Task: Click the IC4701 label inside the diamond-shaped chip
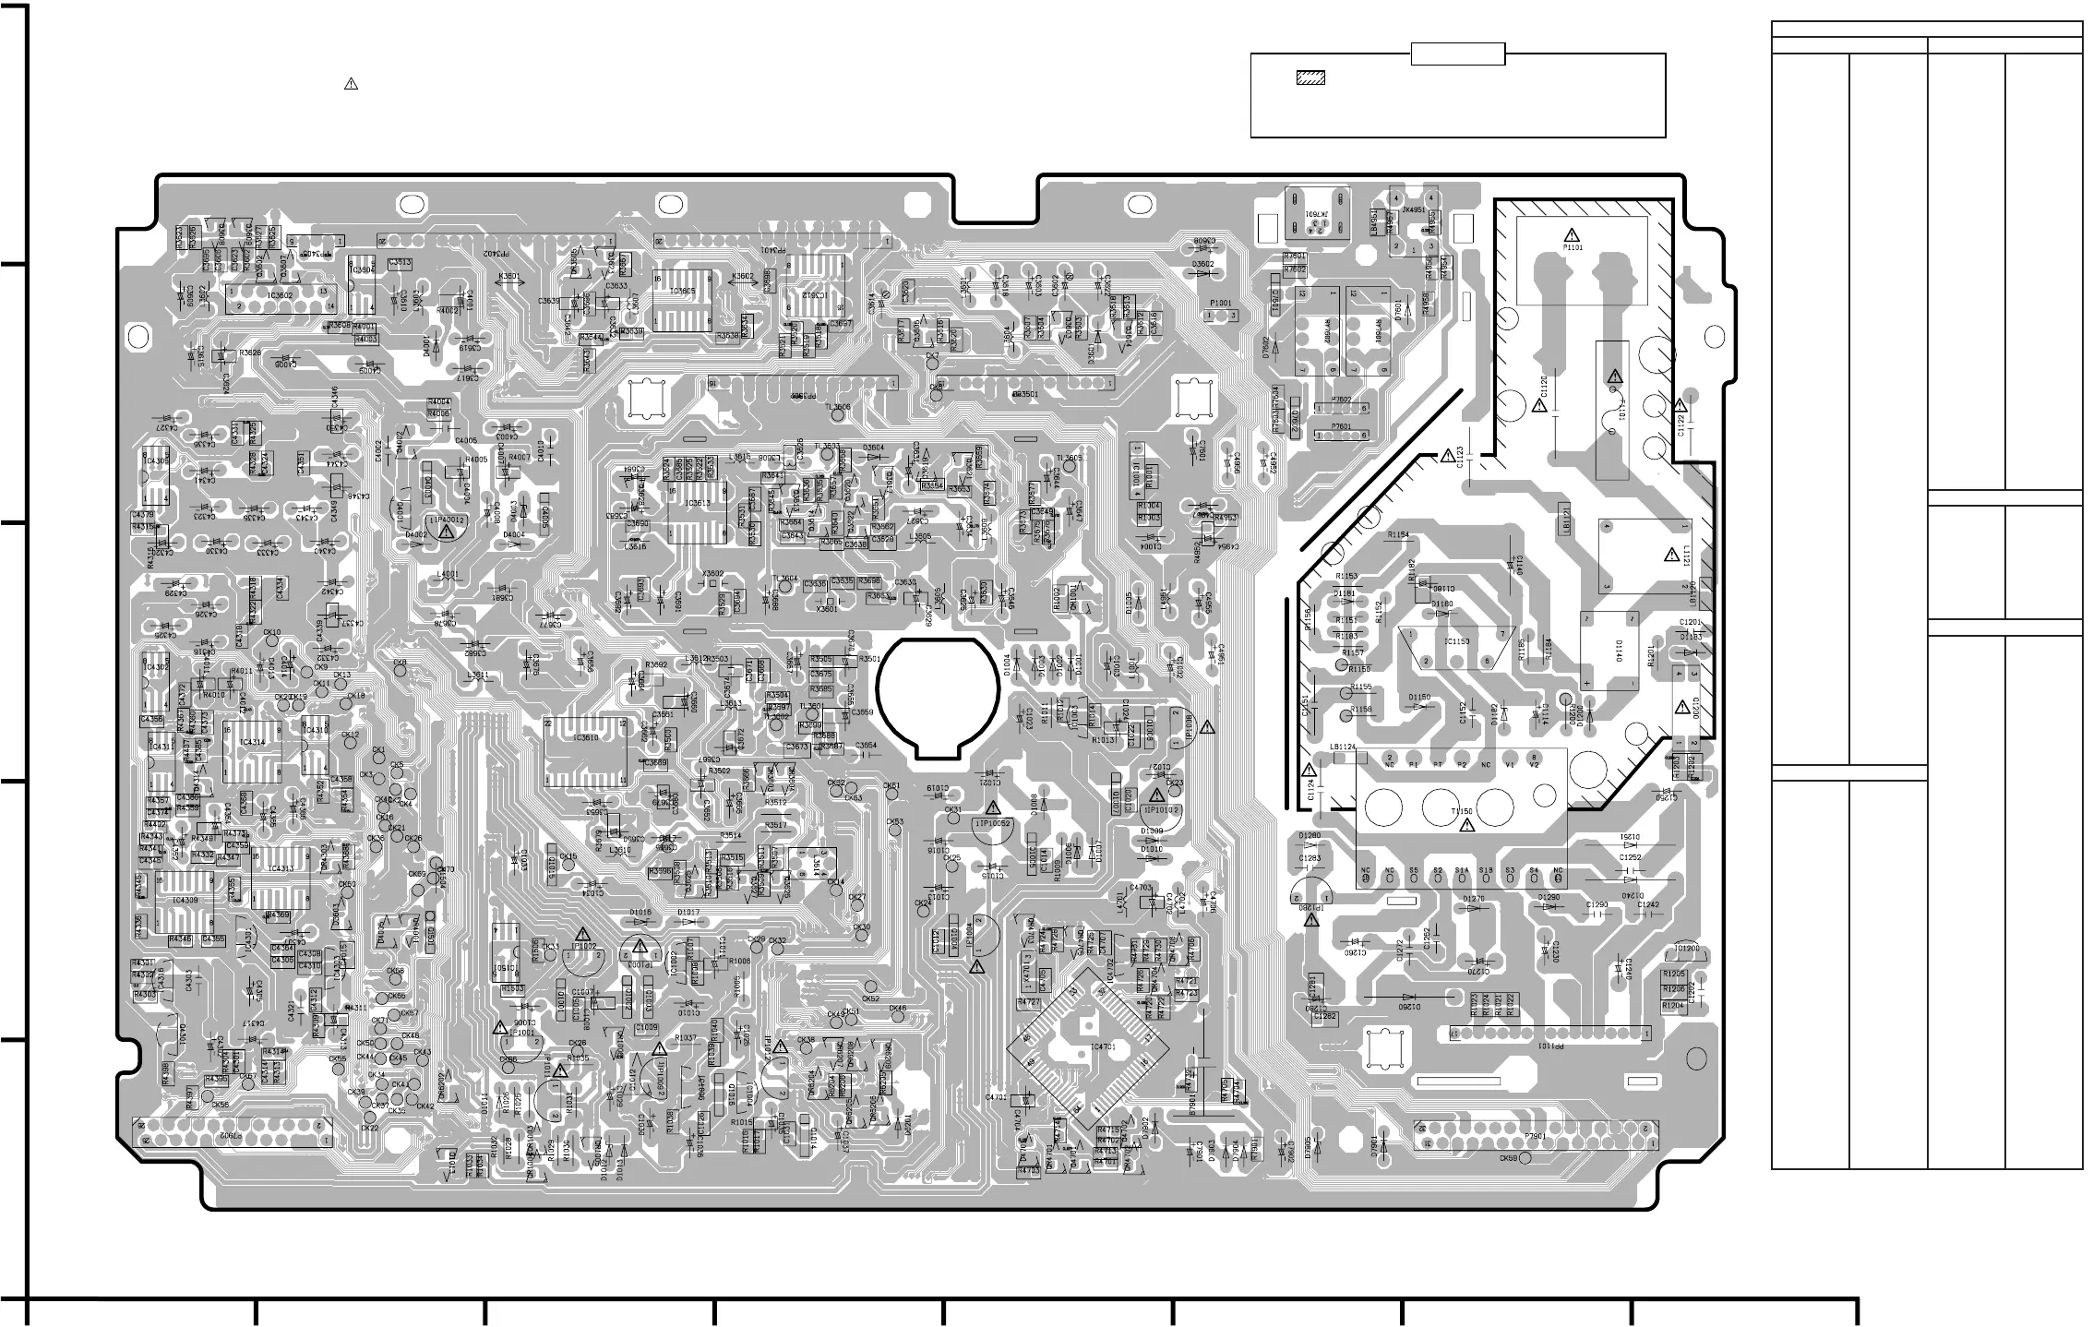pyautogui.click(x=1103, y=1047)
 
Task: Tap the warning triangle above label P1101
pyautogui.click(x=1572, y=234)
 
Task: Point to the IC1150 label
pyautogui.click(x=1457, y=641)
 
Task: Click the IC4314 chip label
pyautogui.click(x=251, y=742)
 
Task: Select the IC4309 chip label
pyautogui.click(x=185, y=901)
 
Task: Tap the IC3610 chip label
pyautogui.click(x=585, y=738)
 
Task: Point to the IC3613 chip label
pyautogui.click(x=699, y=503)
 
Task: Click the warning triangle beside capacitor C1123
pyautogui.click(x=1447, y=456)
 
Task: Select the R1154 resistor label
pyautogui.click(x=1398, y=535)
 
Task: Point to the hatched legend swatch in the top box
pyautogui.click(x=1310, y=78)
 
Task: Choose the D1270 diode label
pyautogui.click(x=1474, y=898)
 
